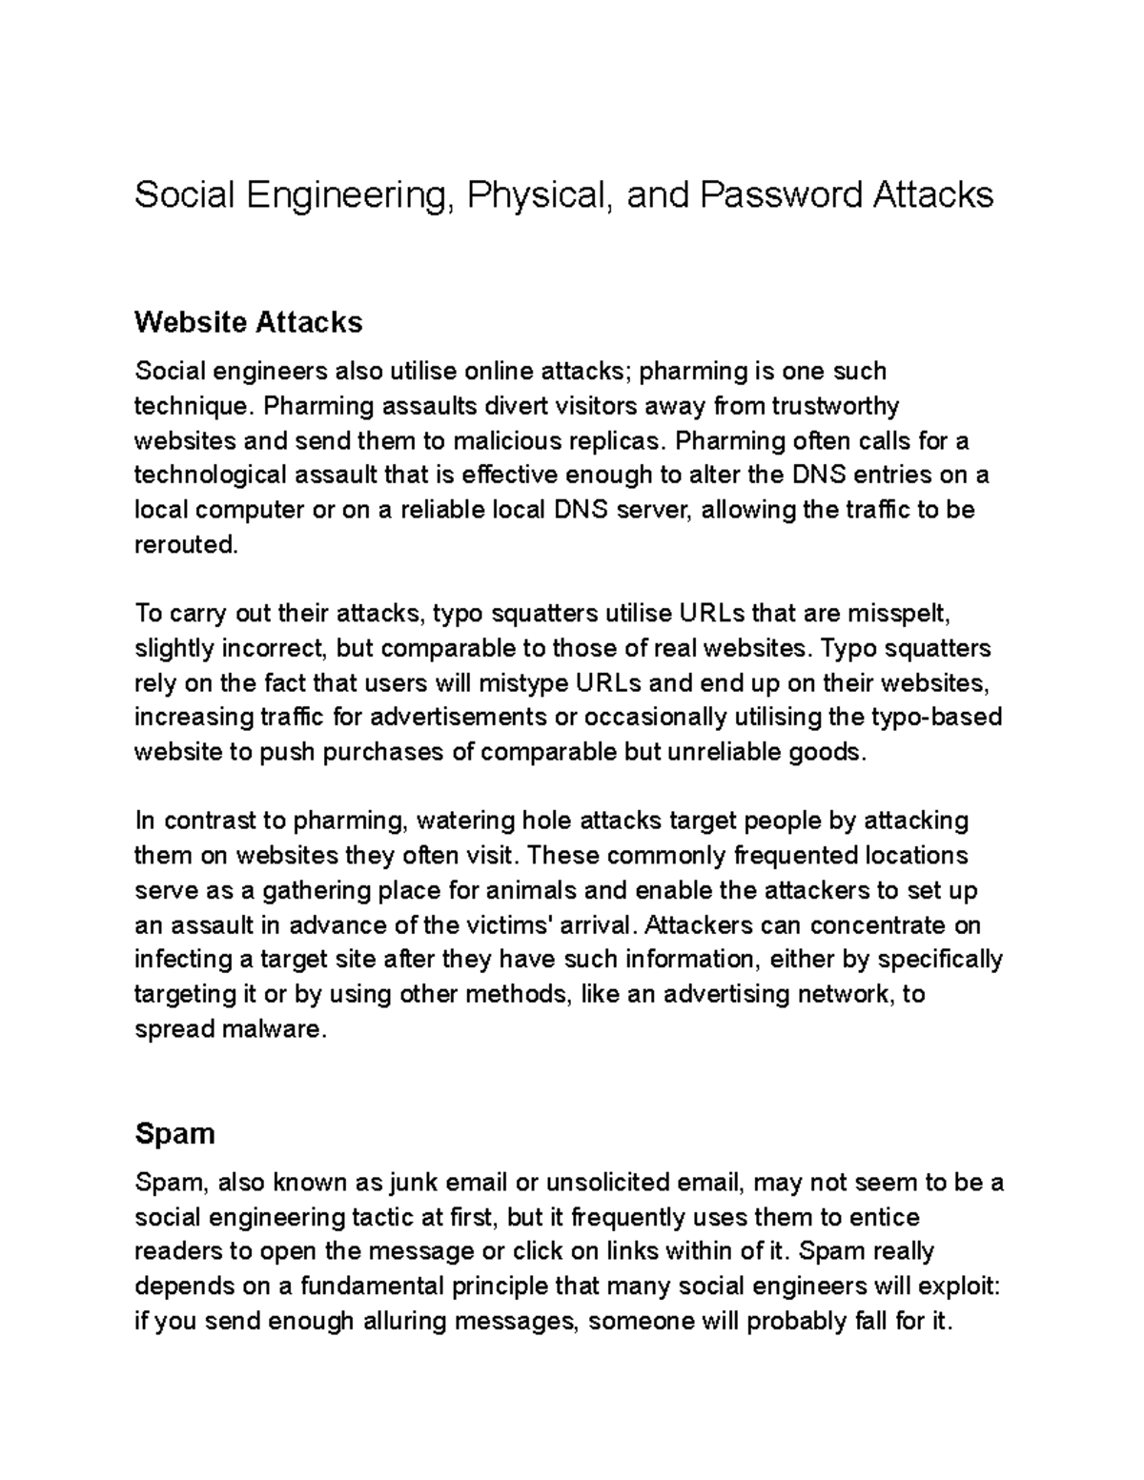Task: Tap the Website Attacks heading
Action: coord(248,322)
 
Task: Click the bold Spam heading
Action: coord(174,1133)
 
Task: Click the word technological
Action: coord(210,475)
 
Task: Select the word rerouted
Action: coord(183,544)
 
